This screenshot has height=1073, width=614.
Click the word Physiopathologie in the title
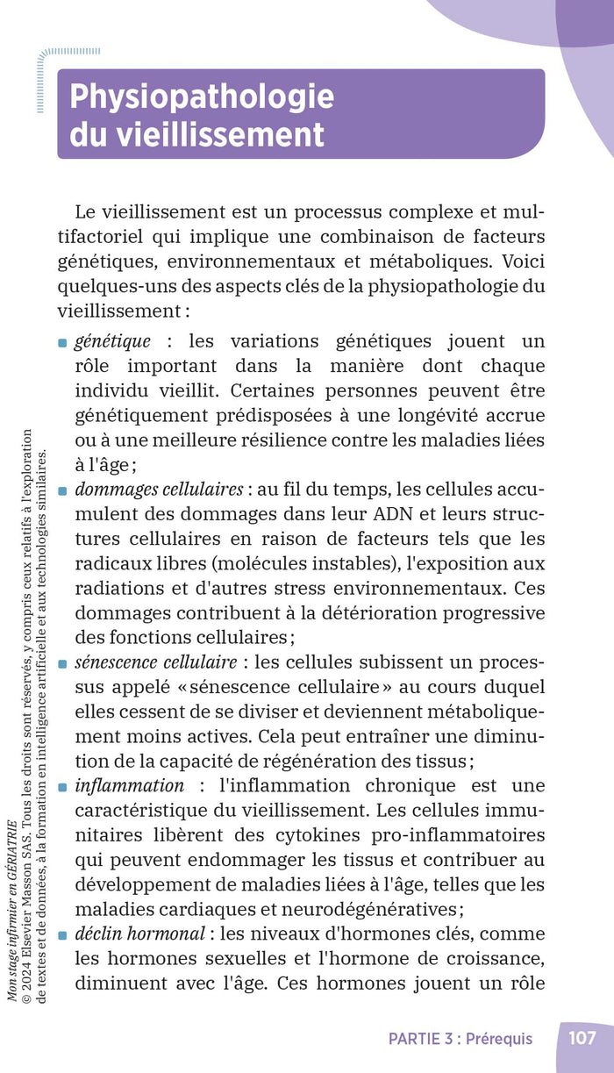click(202, 96)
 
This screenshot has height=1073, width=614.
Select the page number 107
click(582, 1038)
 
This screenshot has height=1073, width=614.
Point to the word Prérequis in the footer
click(499, 1039)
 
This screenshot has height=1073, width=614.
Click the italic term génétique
click(112, 341)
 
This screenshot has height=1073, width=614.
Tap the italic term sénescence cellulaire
click(155, 662)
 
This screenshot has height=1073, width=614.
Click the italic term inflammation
click(129, 785)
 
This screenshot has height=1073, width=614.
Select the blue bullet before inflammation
click(62, 787)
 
